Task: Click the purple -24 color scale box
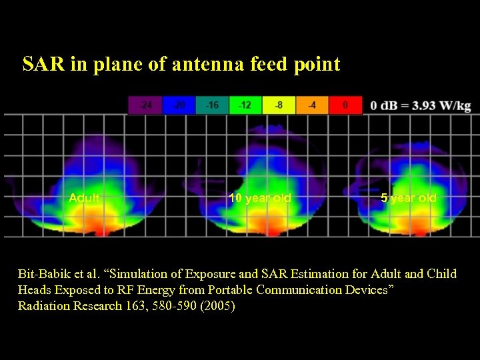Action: [x=145, y=105]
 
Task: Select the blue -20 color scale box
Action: [x=179, y=105]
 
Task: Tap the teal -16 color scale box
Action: [x=212, y=105]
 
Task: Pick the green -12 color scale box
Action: [x=245, y=105]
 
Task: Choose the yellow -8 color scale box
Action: [x=279, y=105]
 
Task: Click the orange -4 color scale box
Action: [x=312, y=105]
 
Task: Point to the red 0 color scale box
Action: [x=345, y=105]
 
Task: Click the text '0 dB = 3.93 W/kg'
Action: [x=421, y=106]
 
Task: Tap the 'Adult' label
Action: [x=85, y=198]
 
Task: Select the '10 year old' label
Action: [x=260, y=198]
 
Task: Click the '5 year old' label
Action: [x=409, y=198]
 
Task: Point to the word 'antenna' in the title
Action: [x=206, y=65]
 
